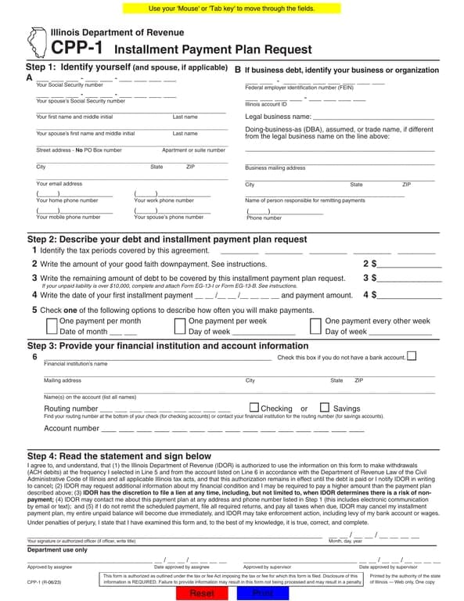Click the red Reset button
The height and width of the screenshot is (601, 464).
[x=202, y=592]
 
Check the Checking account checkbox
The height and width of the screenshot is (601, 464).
[x=254, y=408]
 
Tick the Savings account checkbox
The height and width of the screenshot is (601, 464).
[x=325, y=408]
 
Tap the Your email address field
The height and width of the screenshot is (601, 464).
[x=131, y=178]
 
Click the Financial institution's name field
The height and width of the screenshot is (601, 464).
[x=156, y=357]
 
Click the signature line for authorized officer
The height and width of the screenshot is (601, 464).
[x=176, y=513]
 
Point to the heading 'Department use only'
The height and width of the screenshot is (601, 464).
[x=57, y=528]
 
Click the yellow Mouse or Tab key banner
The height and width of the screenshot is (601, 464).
[x=232, y=8]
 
